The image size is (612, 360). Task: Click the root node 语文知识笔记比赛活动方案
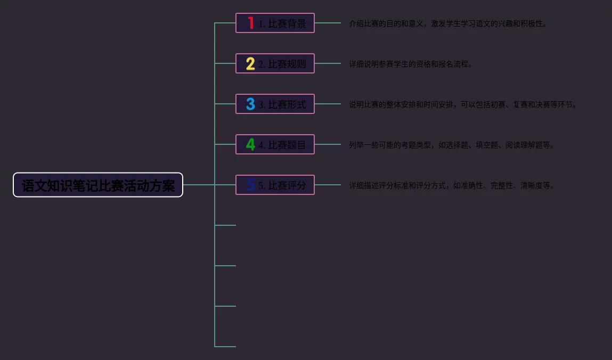tap(98, 185)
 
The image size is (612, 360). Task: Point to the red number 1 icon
tap(250, 23)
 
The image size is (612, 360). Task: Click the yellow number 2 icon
tap(250, 63)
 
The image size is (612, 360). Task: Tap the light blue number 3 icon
tap(250, 104)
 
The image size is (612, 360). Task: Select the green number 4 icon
tap(250, 144)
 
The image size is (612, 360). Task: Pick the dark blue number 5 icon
tap(250, 185)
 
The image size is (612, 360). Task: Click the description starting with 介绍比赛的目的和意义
tap(448, 23)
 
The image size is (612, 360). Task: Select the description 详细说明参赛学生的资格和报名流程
tap(411, 64)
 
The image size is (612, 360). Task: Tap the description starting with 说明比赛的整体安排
tap(463, 104)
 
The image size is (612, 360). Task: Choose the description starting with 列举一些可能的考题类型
tap(452, 145)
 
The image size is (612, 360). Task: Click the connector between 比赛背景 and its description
tap(328, 23)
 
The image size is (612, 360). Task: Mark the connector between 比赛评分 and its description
tap(328, 185)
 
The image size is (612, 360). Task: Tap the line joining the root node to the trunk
tap(199, 185)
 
